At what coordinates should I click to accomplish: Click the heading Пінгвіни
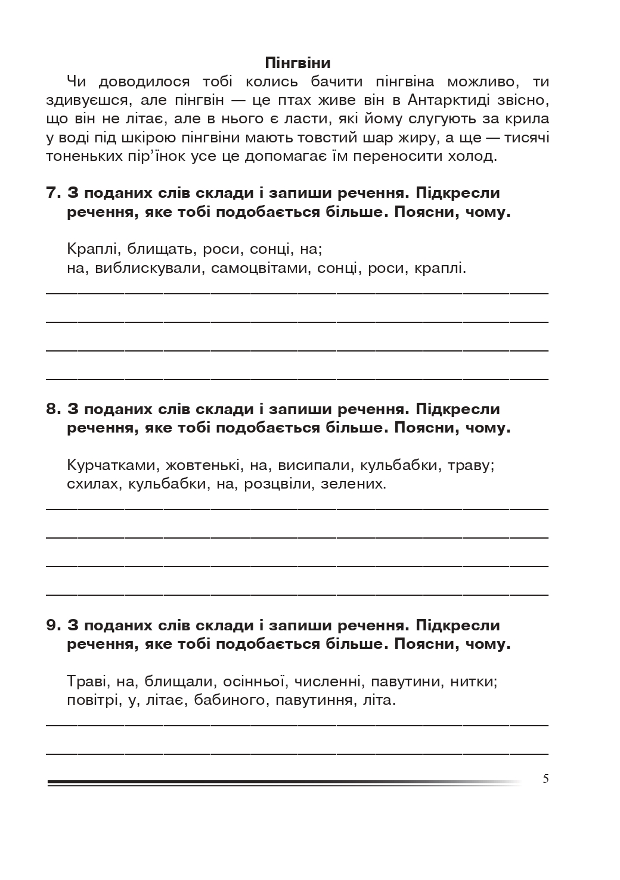[297, 63]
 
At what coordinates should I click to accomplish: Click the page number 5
[546, 779]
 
